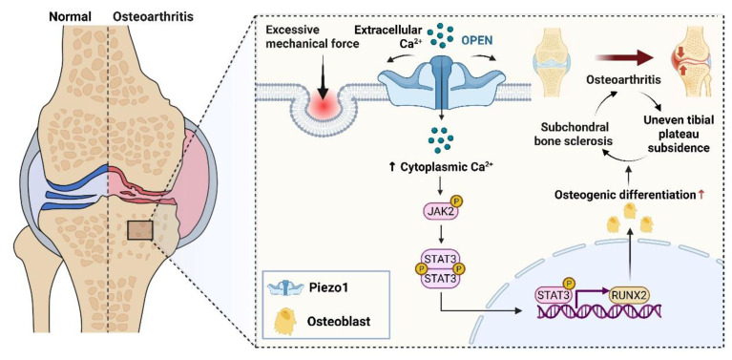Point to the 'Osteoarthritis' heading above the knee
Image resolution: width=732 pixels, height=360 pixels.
[x=153, y=17]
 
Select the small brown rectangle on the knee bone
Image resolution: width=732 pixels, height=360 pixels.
[x=140, y=230]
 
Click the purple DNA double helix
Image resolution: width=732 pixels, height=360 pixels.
[x=598, y=309]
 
